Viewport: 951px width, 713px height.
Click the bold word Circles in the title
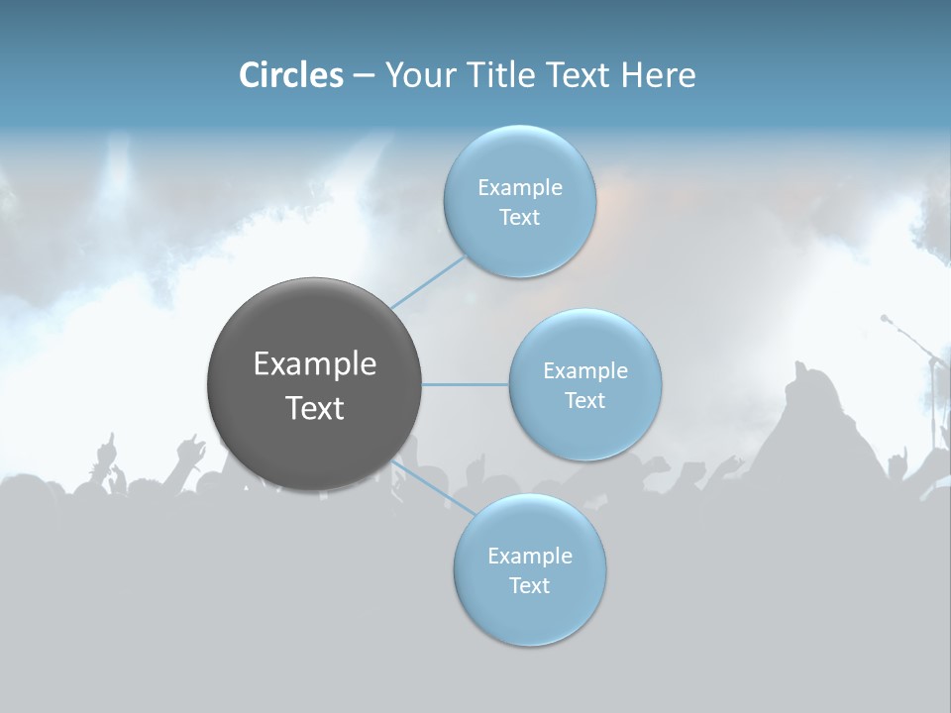point(290,75)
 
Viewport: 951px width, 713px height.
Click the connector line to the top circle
point(429,281)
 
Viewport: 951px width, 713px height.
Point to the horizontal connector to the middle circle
point(465,384)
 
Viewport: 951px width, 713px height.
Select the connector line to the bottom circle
point(432,487)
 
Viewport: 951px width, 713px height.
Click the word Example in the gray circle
point(315,364)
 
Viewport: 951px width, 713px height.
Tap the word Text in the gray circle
point(315,408)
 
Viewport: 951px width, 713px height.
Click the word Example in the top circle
point(520,188)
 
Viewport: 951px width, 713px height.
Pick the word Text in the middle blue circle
point(584,400)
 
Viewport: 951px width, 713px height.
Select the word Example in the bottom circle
point(530,556)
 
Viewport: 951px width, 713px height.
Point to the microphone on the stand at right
point(886,319)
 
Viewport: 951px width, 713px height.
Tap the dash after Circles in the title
point(364,76)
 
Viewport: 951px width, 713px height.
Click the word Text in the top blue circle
point(519,218)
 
